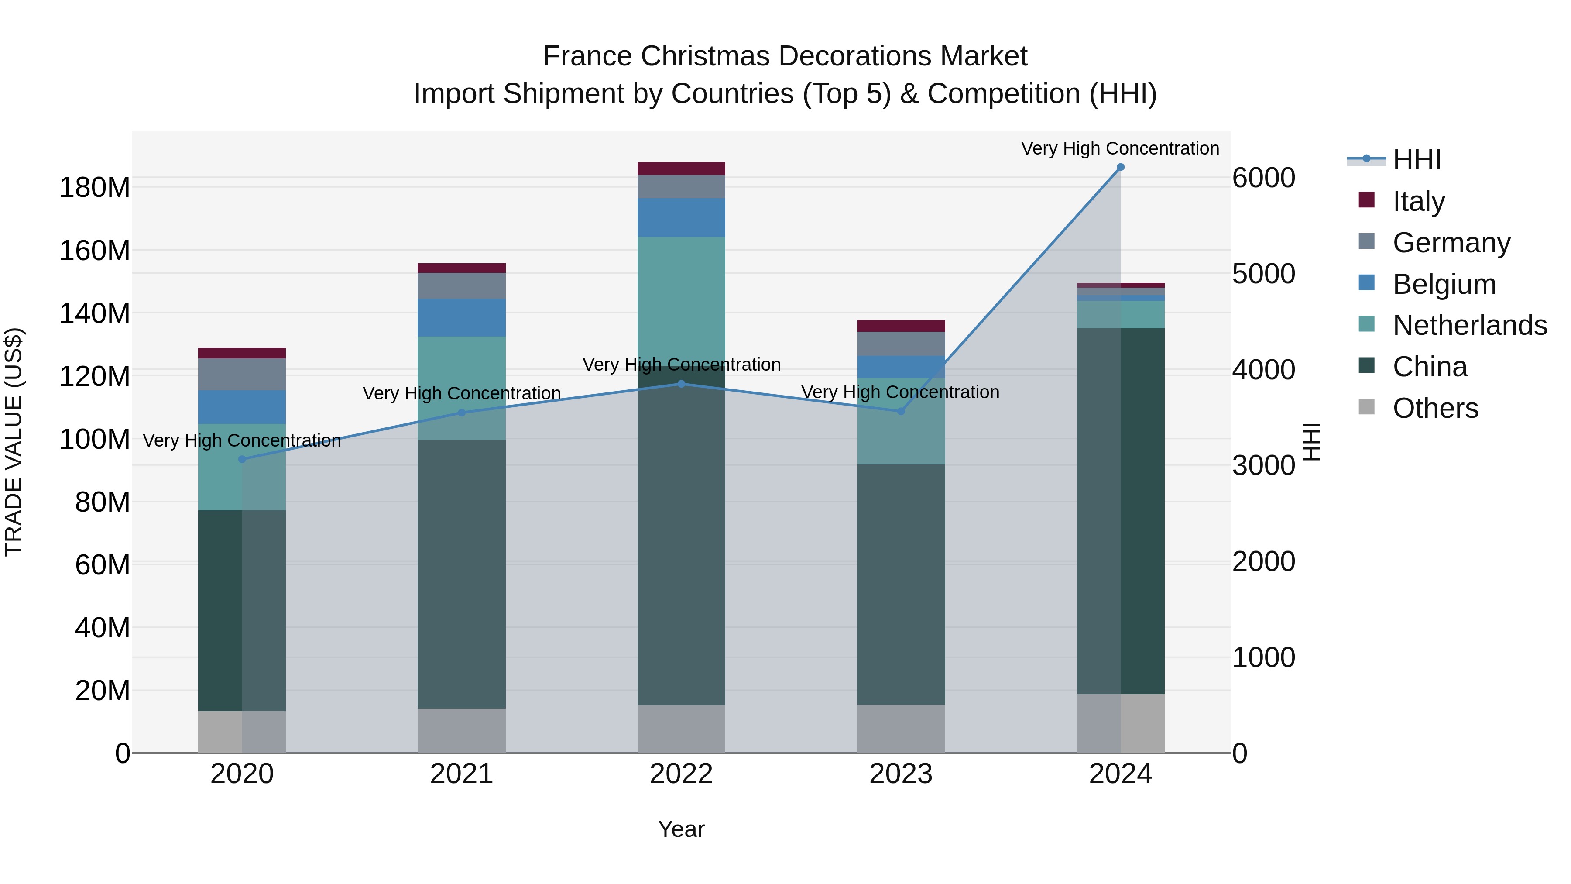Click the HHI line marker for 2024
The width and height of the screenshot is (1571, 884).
click(1120, 167)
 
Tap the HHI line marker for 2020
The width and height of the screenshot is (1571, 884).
click(242, 459)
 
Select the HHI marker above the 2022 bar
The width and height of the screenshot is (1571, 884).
click(681, 384)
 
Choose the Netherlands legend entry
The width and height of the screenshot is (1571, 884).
click(1469, 325)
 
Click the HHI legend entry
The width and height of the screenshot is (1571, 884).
click(1417, 160)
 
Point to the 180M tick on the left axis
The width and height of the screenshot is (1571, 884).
click(95, 187)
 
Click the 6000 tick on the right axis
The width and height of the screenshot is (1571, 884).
click(1263, 178)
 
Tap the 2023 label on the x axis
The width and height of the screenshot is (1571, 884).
click(901, 774)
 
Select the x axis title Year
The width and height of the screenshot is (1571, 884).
click(681, 829)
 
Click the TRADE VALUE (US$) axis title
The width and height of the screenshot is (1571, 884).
click(14, 442)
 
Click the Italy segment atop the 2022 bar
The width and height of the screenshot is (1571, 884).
click(681, 169)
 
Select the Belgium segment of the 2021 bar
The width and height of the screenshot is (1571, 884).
click(462, 317)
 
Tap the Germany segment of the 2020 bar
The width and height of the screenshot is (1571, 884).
click(242, 374)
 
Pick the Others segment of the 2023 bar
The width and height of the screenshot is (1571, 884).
click(901, 729)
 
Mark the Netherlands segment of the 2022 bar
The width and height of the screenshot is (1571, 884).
click(681, 293)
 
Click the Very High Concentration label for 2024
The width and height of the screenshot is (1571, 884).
click(1120, 148)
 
